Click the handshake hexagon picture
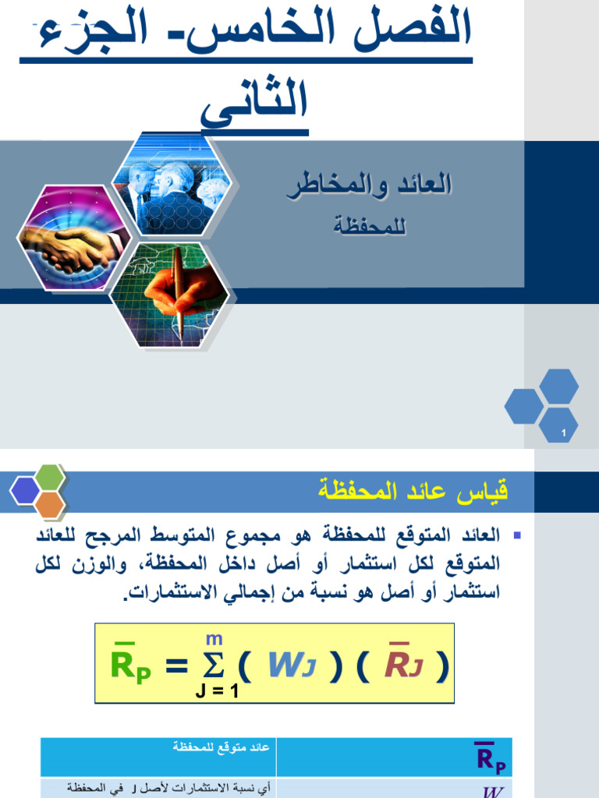70,238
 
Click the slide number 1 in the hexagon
563,433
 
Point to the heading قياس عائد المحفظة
413,491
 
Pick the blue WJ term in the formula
290,665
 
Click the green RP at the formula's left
130,665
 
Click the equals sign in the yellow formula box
177,666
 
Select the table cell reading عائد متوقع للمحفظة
222,747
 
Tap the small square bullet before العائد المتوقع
516,536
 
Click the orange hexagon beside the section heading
50,504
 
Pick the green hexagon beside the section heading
50,476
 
